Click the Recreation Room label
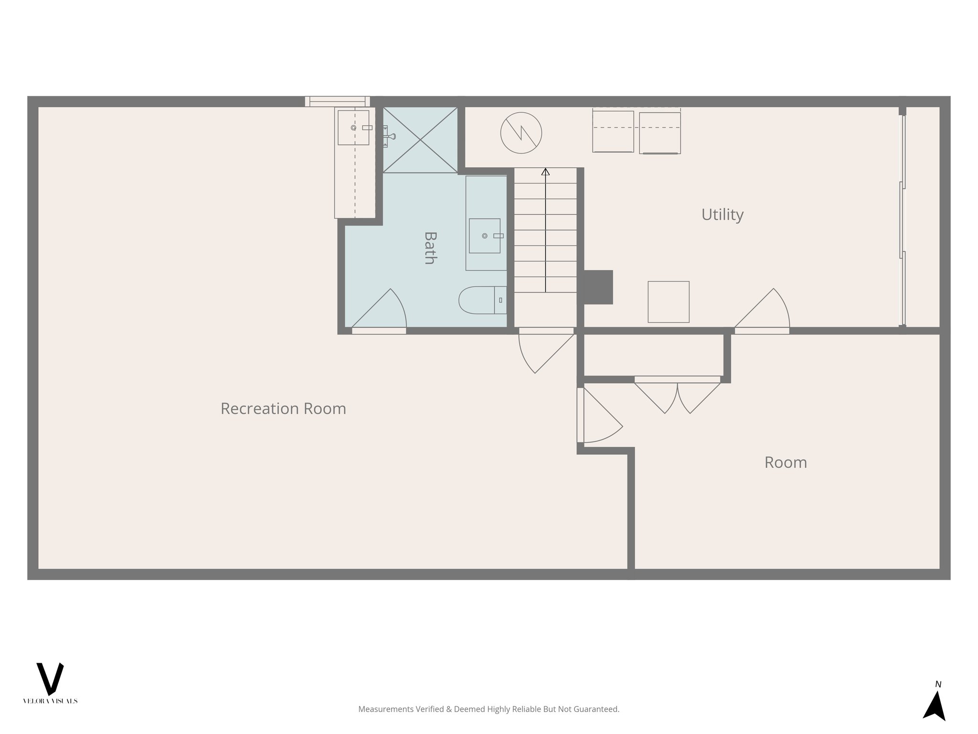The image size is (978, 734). pos(283,409)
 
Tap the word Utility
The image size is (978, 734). pos(722,215)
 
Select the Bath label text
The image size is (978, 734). pos(430,248)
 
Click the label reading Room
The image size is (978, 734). pos(786,463)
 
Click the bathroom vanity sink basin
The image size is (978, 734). pos(484,236)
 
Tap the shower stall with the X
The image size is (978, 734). pos(420,140)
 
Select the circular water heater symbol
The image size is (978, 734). pos(521,133)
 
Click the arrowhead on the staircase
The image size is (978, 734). pos(545,172)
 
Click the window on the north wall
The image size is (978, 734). pos(337,101)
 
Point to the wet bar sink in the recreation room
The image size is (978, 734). pos(353,128)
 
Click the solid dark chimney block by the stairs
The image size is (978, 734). pos(597,287)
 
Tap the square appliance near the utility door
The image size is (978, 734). pos(668,302)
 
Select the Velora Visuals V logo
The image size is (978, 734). pos(50,679)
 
